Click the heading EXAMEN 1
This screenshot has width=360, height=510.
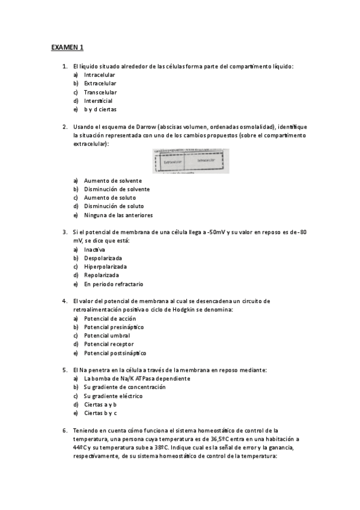click(x=67, y=47)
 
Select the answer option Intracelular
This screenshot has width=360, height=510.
click(x=99, y=75)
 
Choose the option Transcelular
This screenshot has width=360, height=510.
click(x=100, y=92)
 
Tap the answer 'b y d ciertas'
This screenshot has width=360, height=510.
click(x=100, y=110)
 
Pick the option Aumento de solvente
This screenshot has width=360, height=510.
click(x=112, y=180)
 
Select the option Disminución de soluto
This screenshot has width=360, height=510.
click(x=114, y=206)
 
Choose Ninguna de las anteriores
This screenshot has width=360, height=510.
click(x=118, y=215)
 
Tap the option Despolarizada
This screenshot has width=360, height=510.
click(x=103, y=258)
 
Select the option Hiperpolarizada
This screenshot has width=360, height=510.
click(x=105, y=266)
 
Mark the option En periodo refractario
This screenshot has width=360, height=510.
click(x=114, y=284)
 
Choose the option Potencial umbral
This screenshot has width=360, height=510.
click(x=106, y=336)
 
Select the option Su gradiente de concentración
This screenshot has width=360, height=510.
click(x=124, y=387)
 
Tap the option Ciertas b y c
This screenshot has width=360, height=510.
click(x=100, y=413)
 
